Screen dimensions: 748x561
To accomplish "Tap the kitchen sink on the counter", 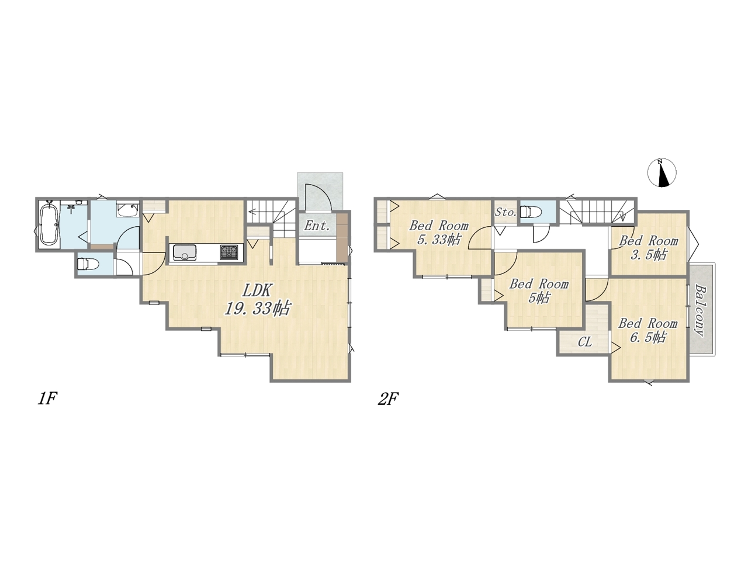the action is pos(185,252).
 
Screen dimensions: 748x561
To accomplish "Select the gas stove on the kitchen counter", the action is pos(229,252).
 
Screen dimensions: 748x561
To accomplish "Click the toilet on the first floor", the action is pos(88,264).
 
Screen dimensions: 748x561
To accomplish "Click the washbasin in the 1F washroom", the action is pos(128,209).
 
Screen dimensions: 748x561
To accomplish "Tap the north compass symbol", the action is pos(662,173).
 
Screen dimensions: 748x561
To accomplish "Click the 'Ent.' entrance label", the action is pos(317,226).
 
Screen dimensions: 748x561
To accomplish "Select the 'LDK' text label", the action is pos(257,290).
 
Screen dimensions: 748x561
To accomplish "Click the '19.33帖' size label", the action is pos(257,309).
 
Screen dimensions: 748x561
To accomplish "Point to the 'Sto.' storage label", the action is pos(505,212).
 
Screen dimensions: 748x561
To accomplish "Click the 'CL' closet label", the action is pos(585,342).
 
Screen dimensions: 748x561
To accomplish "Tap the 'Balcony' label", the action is pos(700,310).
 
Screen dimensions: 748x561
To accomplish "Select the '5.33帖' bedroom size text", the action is pos(439,240).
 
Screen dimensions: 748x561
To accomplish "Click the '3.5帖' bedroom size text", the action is pos(648,255).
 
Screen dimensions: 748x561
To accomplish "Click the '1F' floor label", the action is pos(47,398).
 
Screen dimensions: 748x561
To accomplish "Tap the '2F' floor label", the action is pos(388,399).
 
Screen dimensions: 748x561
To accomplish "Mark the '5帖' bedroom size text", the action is pos(538,298).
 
